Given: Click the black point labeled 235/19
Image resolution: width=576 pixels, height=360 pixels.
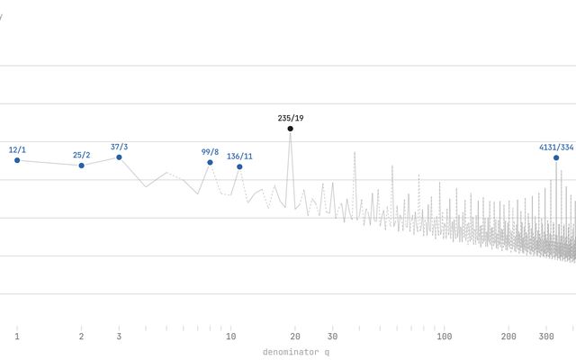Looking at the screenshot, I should pyautogui.click(x=290, y=129).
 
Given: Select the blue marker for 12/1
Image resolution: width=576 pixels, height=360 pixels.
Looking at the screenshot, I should pyautogui.click(x=17, y=160).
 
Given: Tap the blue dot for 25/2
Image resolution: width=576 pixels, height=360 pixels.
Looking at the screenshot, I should pyautogui.click(x=82, y=166).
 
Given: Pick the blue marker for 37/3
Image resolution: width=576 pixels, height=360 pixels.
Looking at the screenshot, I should pyautogui.click(x=119, y=157).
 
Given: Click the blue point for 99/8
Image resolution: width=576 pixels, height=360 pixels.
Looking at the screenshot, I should pyautogui.click(x=210, y=163).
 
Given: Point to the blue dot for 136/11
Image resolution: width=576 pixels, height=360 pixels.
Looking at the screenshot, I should pyautogui.click(x=239, y=166).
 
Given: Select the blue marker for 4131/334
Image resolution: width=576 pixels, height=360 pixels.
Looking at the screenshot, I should pyautogui.click(x=556, y=157).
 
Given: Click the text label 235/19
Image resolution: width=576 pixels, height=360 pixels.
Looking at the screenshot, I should pyautogui.click(x=290, y=118).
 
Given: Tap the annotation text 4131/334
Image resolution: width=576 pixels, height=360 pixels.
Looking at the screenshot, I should pyautogui.click(x=556, y=147).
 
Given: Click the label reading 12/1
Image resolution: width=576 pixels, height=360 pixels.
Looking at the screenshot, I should pyautogui.click(x=17, y=149).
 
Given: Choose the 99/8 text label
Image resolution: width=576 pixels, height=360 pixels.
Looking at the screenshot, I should pyautogui.click(x=210, y=152).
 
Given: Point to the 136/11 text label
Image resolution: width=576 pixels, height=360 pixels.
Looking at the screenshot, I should pyautogui.click(x=239, y=156).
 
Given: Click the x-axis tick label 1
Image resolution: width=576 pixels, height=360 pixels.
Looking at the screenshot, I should pyautogui.click(x=17, y=337).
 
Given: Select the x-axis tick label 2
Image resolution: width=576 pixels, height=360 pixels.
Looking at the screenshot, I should pyautogui.click(x=82, y=337).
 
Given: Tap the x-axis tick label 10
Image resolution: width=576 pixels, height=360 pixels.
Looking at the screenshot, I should pyautogui.click(x=231, y=337).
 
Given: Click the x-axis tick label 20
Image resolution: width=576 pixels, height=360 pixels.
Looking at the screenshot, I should pyautogui.click(x=295, y=337).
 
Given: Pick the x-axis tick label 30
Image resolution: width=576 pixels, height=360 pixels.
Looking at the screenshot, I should pyautogui.click(x=333, y=337).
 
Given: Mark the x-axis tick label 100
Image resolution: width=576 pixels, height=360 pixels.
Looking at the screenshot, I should pyautogui.click(x=445, y=337).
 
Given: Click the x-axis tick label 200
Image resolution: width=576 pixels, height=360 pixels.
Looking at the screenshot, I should pyautogui.click(x=508, y=337).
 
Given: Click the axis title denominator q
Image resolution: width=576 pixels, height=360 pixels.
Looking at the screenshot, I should pyautogui.click(x=296, y=352).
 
